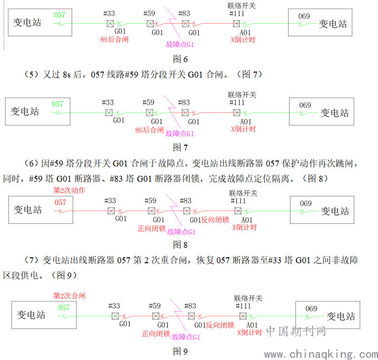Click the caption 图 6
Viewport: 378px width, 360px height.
tap(180, 59)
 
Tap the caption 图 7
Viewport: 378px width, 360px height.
tap(180, 148)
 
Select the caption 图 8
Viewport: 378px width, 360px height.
tap(180, 245)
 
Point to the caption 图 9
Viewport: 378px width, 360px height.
tap(180, 352)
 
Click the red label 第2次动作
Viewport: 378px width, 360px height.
tap(69, 190)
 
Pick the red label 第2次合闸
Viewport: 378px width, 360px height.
tap(69, 296)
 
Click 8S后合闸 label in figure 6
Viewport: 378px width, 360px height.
tap(114, 40)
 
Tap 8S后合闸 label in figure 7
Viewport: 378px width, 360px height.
tap(149, 130)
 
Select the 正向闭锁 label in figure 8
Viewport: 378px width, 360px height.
tap(151, 229)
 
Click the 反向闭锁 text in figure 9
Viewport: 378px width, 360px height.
tap(220, 325)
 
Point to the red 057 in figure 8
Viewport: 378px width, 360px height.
tap(60, 202)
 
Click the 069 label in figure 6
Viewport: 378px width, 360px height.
tap(304, 16)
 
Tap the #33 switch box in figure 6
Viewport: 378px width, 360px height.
tap(110, 24)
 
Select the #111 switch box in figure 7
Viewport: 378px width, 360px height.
tap(237, 113)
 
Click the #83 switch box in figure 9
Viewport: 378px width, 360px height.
tap(191, 316)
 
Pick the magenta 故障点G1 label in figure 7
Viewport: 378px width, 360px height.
tap(179, 133)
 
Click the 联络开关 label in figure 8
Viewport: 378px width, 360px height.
tap(243, 193)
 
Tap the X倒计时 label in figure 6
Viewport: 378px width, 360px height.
tap(243, 40)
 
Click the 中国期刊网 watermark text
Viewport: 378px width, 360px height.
tap(296, 331)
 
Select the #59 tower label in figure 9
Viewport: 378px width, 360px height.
tap(155, 306)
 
